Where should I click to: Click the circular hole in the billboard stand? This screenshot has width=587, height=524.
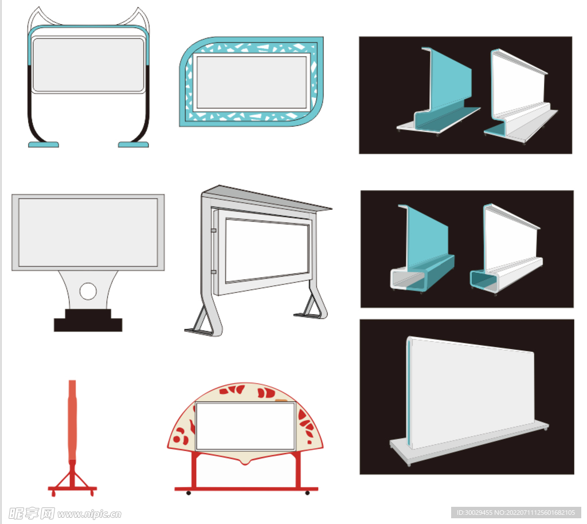(x=88, y=291)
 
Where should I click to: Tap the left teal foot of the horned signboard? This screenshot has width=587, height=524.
(x=44, y=144)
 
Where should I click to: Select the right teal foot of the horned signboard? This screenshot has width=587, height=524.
(x=133, y=144)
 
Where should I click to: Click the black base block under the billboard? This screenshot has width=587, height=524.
(x=88, y=320)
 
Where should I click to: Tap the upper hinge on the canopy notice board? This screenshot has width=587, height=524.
(x=213, y=230)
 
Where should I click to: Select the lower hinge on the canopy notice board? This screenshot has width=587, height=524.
(x=213, y=272)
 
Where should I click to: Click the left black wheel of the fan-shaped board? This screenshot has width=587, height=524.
(x=189, y=493)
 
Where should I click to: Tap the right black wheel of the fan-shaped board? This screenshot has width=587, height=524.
(x=307, y=493)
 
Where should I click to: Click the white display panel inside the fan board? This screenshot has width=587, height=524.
(x=245, y=426)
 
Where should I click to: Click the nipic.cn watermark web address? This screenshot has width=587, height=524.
(x=89, y=514)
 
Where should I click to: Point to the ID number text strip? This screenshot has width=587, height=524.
(x=516, y=513)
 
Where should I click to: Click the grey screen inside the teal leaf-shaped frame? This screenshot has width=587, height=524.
(x=252, y=83)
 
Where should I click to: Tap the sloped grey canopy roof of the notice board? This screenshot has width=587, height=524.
(x=267, y=198)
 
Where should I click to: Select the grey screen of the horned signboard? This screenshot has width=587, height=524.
(x=88, y=65)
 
